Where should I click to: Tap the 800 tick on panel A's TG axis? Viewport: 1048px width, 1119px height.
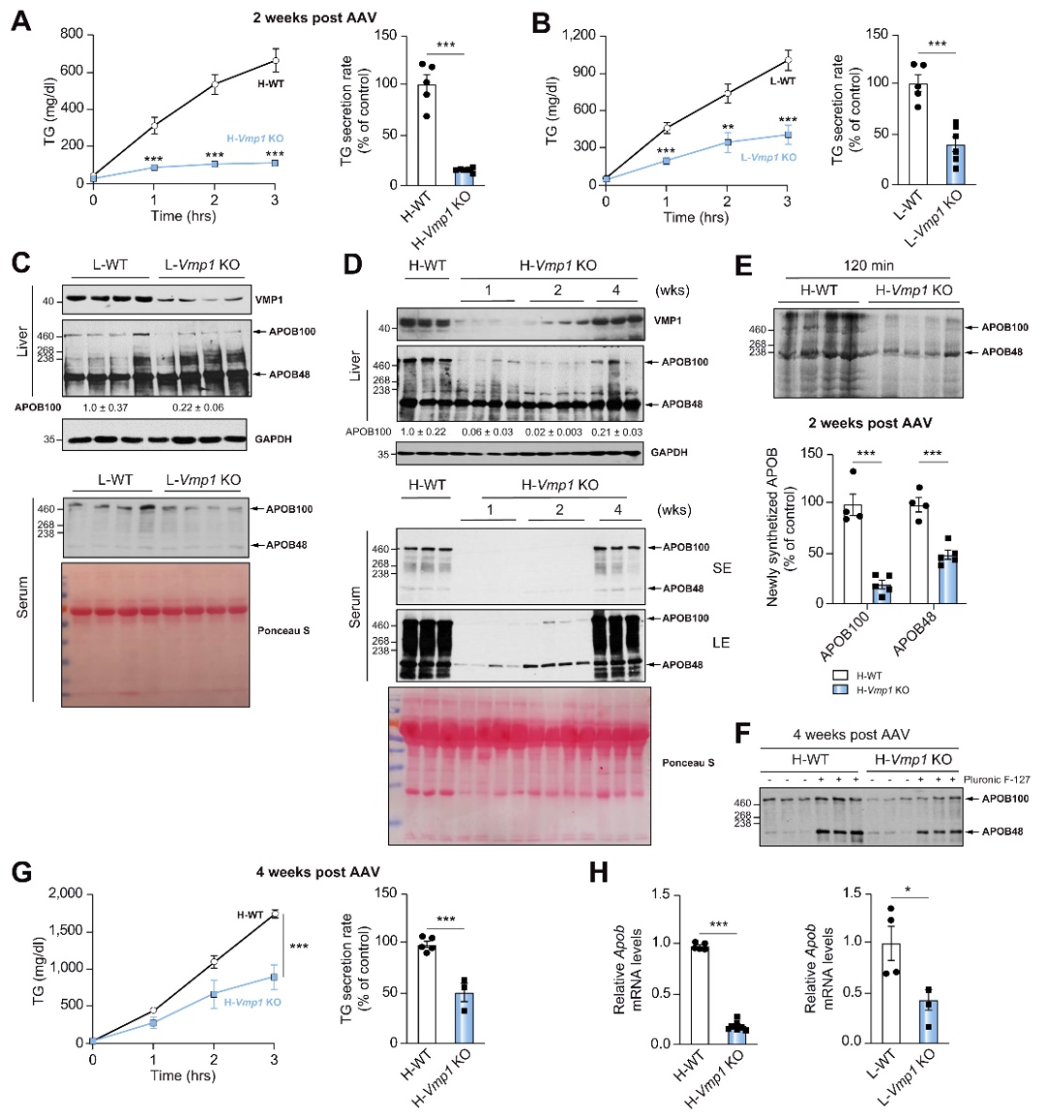pos(71,35)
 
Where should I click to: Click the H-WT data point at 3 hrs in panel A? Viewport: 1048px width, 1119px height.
pos(275,60)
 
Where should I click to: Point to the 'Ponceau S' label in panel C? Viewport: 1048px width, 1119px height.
pos(283,631)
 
